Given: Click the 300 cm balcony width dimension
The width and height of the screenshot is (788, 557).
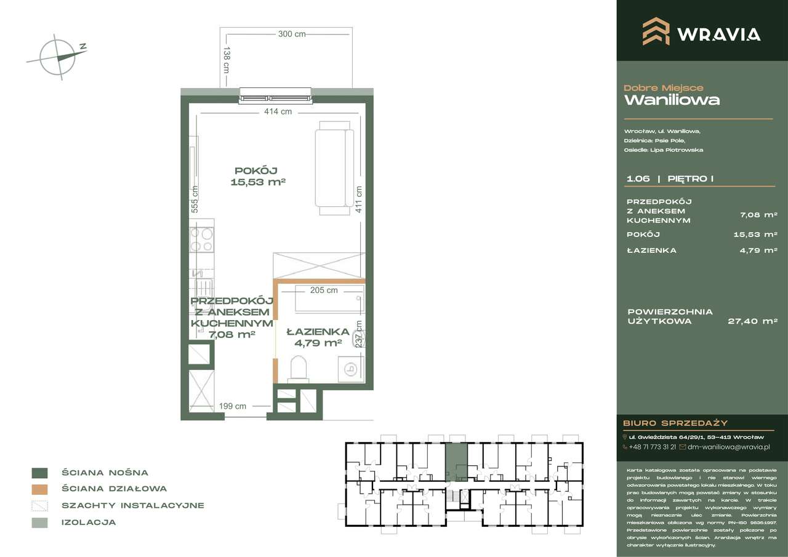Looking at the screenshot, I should pos(291,34).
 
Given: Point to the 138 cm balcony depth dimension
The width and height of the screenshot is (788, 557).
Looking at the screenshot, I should pos(227,60).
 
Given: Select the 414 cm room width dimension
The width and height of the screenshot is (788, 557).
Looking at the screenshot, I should pos(277,111).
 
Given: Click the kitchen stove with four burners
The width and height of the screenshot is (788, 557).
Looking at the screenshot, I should pos(201,239).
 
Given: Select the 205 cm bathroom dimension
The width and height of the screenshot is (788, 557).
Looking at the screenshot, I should pos(324,291).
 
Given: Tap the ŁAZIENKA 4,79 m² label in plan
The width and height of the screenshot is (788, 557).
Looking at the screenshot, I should pos(318,337).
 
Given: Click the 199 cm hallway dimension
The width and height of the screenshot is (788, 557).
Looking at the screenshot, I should pos(233,406).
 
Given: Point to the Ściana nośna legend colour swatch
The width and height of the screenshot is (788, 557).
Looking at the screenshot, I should pos(39,473).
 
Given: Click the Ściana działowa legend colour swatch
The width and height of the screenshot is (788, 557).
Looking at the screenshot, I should pos(39,489).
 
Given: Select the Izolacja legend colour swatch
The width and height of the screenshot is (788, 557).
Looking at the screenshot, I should pos(39,523).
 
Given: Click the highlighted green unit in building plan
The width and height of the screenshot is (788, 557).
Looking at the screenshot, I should pos(456,462).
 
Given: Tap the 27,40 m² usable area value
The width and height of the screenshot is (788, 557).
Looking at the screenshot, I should pos(752,321).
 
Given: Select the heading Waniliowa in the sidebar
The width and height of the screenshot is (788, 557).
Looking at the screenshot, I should pos(672,100).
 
